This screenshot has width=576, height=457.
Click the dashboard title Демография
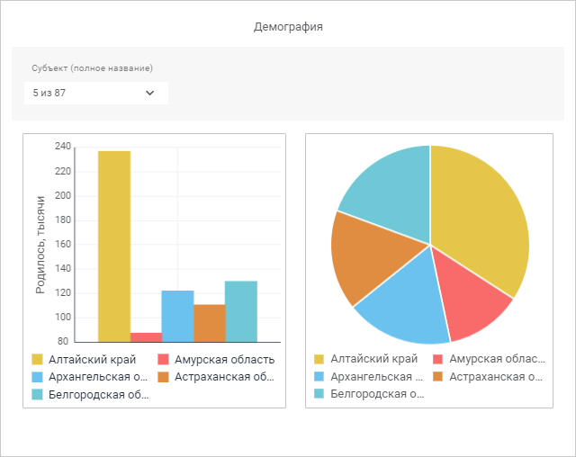pyautogui.click(x=288, y=27)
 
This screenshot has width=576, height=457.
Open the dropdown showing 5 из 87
pyautogui.click(x=95, y=93)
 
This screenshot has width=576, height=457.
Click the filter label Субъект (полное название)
pyautogui.click(x=92, y=68)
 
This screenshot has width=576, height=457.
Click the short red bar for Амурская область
pyautogui.click(x=146, y=337)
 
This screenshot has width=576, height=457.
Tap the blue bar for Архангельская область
pyautogui.click(x=177, y=316)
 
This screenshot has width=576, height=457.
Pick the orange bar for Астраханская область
pyautogui.click(x=209, y=323)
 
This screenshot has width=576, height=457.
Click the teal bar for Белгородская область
pyautogui.click(x=240, y=311)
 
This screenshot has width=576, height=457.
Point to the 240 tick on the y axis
pyautogui.click(x=62, y=147)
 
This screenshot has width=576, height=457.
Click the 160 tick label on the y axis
pyautogui.click(x=62, y=245)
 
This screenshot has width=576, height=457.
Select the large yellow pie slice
pyautogui.click(x=481, y=216)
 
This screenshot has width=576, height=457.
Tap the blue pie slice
pyautogui.click(x=400, y=301)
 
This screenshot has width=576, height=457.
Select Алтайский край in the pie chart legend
pyautogui.click(x=367, y=359)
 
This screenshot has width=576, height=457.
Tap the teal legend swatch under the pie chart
pyautogui.click(x=319, y=393)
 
